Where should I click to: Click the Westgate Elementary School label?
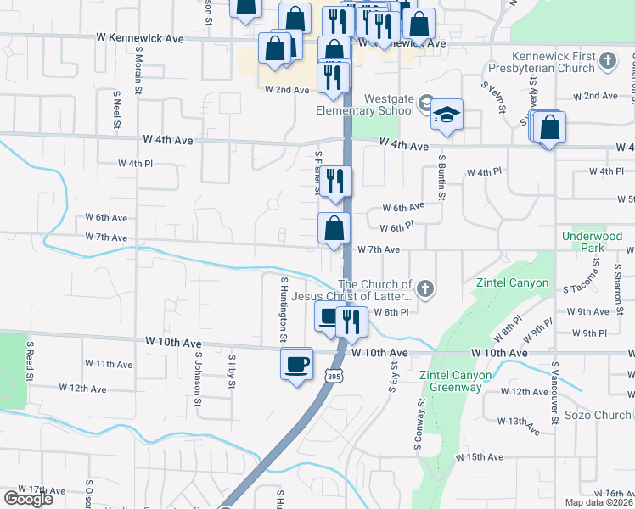389,103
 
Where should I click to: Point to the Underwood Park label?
582,241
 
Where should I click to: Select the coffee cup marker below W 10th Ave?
296,365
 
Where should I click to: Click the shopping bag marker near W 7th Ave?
334,228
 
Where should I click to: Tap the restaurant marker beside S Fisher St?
336,181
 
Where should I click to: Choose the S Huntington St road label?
283,310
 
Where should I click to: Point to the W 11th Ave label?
110,364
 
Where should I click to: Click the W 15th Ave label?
480,457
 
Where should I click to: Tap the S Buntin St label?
441,177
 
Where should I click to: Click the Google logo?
28,499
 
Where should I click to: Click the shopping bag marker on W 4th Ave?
549,130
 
